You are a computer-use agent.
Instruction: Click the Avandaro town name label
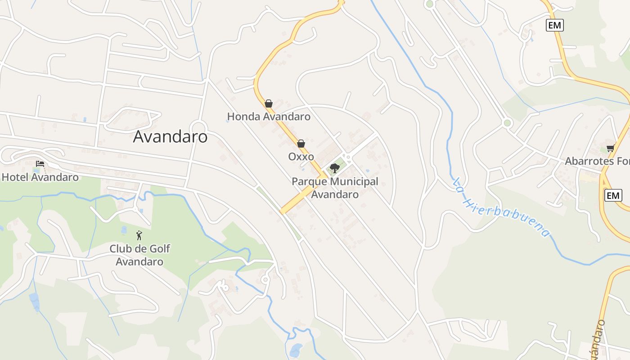click(x=170, y=137)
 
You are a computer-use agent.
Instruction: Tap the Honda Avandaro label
click(x=269, y=117)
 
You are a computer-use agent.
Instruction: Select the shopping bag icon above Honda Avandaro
click(x=269, y=103)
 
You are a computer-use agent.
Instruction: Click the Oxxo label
click(x=301, y=157)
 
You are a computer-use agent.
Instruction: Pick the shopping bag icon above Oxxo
click(x=301, y=144)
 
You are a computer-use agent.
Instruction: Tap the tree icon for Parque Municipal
click(x=334, y=168)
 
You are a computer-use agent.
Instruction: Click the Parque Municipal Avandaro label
click(x=335, y=188)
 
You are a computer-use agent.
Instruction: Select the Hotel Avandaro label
click(x=40, y=177)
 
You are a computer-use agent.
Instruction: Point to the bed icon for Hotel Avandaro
click(x=40, y=164)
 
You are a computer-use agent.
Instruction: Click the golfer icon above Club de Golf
click(x=139, y=235)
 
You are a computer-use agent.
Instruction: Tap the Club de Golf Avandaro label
click(x=139, y=255)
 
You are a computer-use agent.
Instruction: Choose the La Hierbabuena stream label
click(x=501, y=207)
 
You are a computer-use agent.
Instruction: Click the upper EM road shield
click(x=555, y=25)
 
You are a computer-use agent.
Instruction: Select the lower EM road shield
click(x=613, y=195)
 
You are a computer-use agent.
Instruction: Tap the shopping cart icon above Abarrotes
click(x=610, y=148)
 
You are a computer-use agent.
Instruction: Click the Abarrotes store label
click(x=597, y=161)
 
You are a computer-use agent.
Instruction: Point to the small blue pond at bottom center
click(x=296, y=350)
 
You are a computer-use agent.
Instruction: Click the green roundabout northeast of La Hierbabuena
click(x=508, y=123)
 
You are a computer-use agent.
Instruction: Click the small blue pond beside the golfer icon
click(x=124, y=230)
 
